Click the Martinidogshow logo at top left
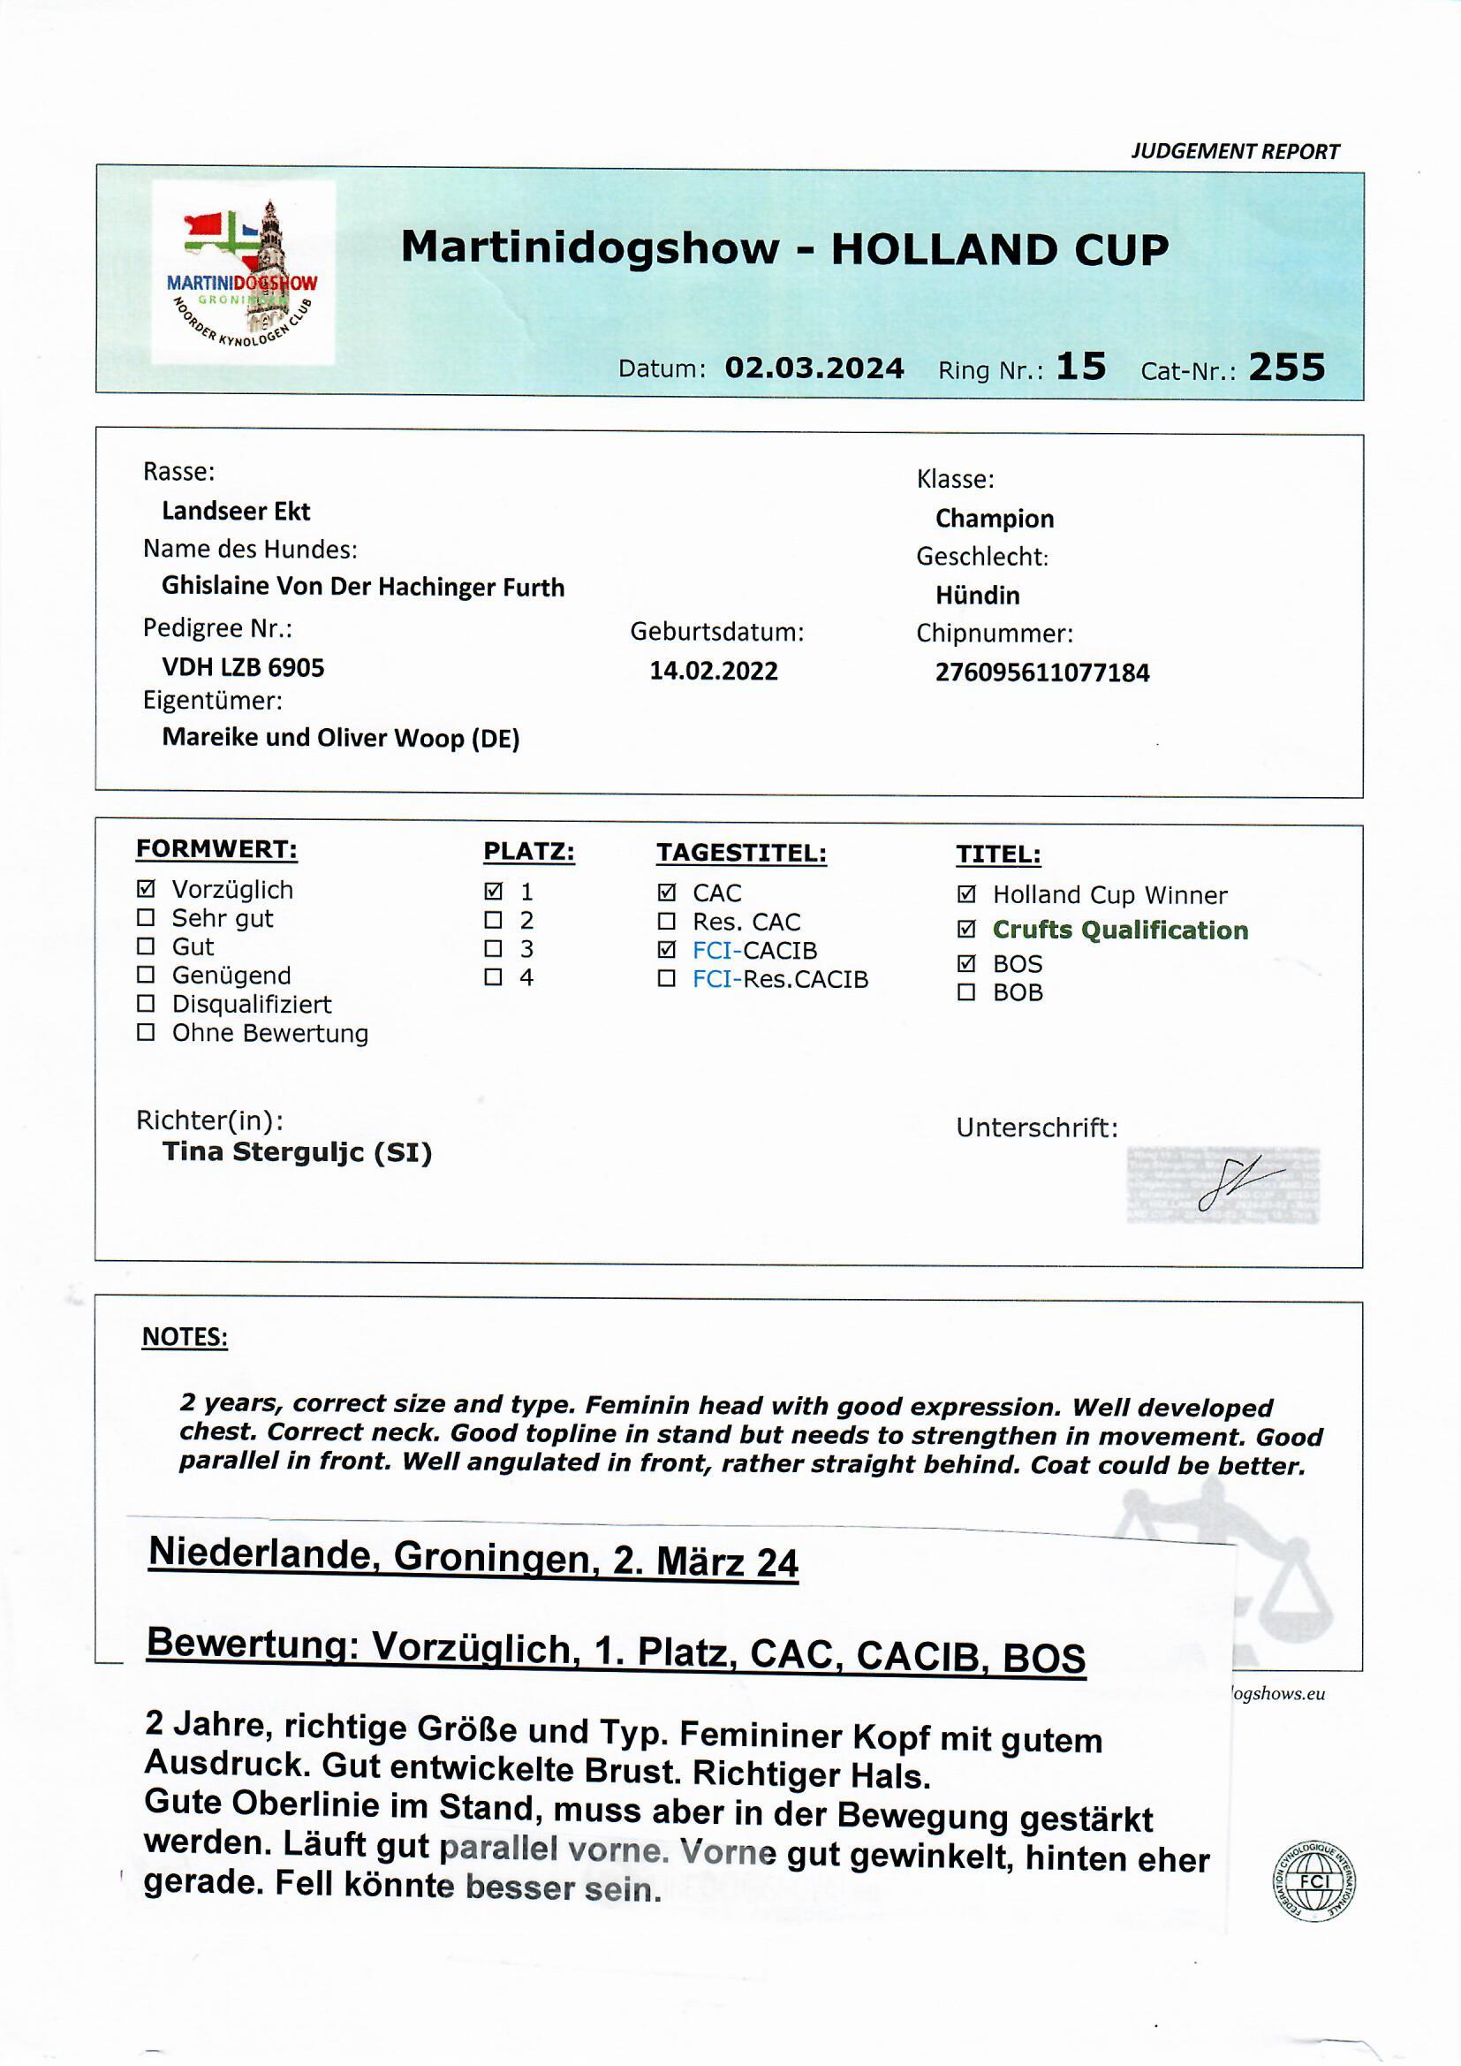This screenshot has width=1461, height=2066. pyautogui.click(x=243, y=273)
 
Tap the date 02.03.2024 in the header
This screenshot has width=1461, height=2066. pyautogui.click(x=814, y=368)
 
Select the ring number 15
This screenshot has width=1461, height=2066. pyautogui.click(x=1080, y=366)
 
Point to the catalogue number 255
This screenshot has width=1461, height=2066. pyautogui.click(x=1286, y=367)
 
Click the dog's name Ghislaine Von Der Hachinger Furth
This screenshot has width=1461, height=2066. pyautogui.click(x=362, y=587)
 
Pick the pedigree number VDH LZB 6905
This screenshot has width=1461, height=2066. pyautogui.click(x=243, y=667)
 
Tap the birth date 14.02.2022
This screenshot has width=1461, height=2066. pyautogui.click(x=714, y=671)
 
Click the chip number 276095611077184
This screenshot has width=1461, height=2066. pyautogui.click(x=1041, y=672)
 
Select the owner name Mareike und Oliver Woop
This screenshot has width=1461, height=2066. pyautogui.click(x=340, y=738)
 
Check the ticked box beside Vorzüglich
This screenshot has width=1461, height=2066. pyautogui.click(x=146, y=889)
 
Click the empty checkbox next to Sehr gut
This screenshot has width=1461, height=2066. pyautogui.click(x=146, y=918)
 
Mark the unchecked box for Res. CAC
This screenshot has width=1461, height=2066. pyautogui.click(x=667, y=922)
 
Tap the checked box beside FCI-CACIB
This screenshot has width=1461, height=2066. pyautogui.click(x=667, y=949)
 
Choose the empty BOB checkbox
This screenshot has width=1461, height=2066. pyautogui.click(x=966, y=992)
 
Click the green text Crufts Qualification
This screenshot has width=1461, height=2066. pyautogui.click(x=1120, y=930)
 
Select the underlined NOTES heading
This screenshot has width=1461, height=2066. pyautogui.click(x=185, y=1337)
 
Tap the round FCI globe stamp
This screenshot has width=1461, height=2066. pyautogui.click(x=1314, y=1880)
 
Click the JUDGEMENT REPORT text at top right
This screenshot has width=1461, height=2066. pyautogui.click(x=1234, y=151)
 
